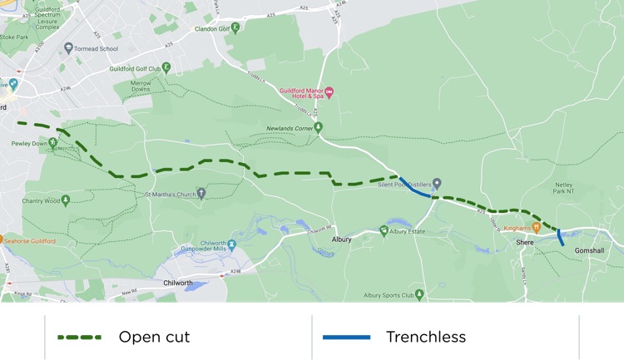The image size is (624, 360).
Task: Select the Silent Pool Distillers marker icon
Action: click(x=436, y=184)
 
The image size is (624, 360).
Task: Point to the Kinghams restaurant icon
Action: click(x=536, y=227)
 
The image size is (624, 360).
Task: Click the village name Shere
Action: click(x=524, y=242)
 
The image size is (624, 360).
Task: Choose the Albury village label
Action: click(x=342, y=239)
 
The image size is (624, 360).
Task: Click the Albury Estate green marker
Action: click(x=384, y=230)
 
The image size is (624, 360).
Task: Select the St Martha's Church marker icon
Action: click(x=201, y=194)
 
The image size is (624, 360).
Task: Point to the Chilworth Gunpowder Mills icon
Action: click(x=232, y=244)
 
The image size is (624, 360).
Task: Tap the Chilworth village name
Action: click(x=176, y=284)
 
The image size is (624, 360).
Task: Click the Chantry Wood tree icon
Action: click(x=66, y=200)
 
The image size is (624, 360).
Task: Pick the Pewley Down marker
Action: click(x=53, y=143)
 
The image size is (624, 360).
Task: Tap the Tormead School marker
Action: click(x=68, y=48)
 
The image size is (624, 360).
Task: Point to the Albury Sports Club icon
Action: click(x=419, y=294)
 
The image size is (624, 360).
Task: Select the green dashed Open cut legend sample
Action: click(x=79, y=337)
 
